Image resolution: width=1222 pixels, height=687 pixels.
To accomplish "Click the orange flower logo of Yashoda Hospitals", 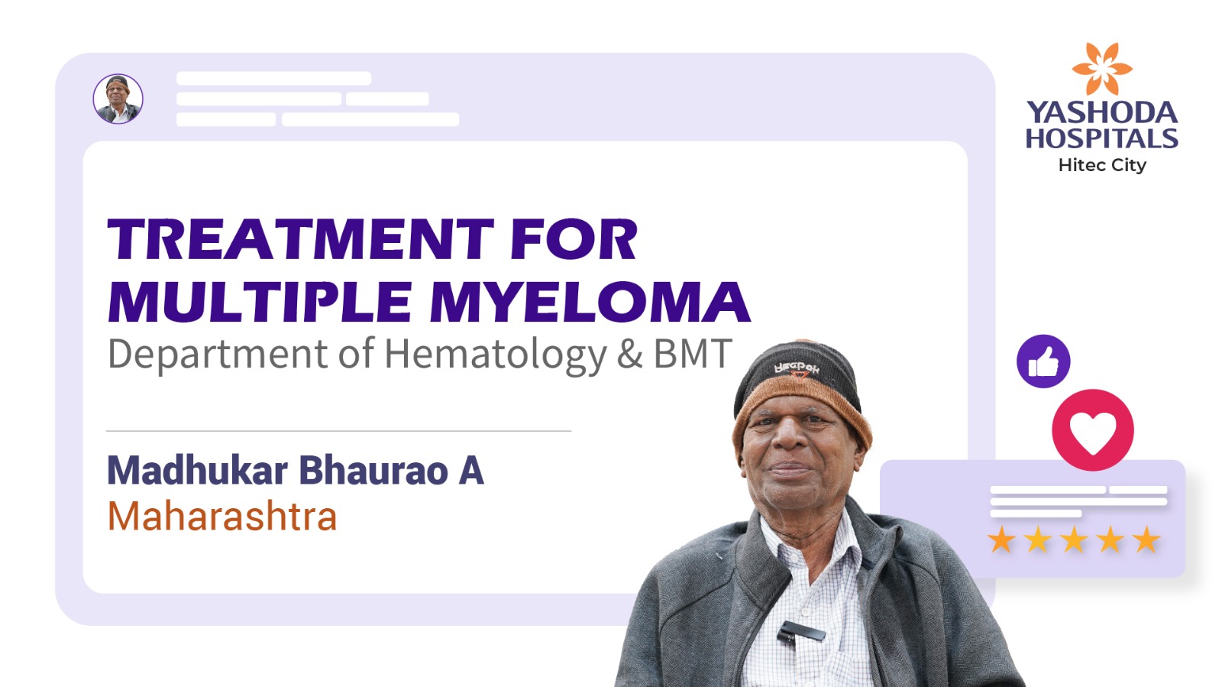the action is point(1102,69).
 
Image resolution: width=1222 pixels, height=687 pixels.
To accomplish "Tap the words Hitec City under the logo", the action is point(1102,165).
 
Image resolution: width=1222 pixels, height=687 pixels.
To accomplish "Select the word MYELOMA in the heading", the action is point(591,302).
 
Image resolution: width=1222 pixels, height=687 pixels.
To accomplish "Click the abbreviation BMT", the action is point(692,354).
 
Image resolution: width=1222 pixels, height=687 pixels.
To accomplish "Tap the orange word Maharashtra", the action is point(222,516).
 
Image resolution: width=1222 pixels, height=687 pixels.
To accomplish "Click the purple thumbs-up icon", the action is point(1043,361).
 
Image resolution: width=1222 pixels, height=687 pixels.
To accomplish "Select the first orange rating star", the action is point(1001,540).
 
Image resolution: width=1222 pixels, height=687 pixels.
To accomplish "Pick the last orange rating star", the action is point(1146,540).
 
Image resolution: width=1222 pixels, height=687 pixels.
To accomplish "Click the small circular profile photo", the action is point(118,99).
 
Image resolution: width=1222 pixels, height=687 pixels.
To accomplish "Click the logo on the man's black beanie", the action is point(797,369).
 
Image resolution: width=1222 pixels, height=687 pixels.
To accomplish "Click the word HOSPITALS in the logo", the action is point(1102,138).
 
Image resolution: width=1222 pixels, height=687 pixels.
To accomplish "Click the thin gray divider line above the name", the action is point(339,430).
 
